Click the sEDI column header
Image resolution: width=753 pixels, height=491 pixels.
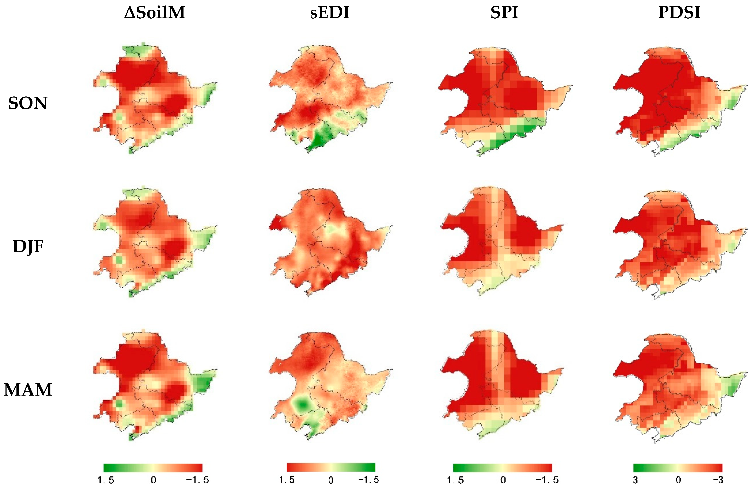coord(329,13)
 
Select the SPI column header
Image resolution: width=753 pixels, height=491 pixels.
coord(504,13)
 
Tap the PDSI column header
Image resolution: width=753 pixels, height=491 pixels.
coord(679,13)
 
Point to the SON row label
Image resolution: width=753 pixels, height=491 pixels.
coord(28,103)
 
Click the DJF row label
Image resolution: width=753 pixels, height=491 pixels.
coord(28,247)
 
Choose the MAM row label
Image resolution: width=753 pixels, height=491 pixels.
coord(28,390)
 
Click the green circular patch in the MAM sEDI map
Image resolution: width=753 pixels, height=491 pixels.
coord(302,404)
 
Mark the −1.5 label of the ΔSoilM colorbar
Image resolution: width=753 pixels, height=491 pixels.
coord(197,480)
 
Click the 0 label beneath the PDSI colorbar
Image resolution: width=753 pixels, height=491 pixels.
coord(678,480)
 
